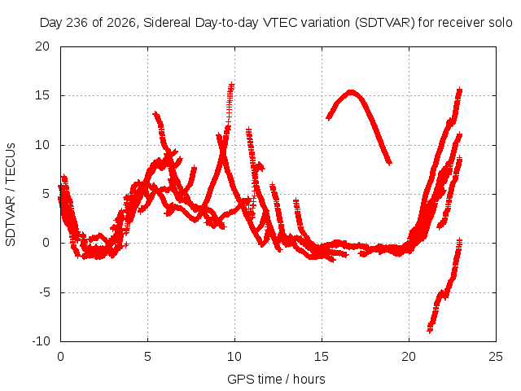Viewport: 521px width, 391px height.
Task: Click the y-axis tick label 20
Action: click(42, 46)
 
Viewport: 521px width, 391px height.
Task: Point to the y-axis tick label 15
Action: click(42, 95)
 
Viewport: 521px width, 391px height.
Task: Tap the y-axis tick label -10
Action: click(42, 341)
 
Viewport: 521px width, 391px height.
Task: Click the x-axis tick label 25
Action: click(496, 357)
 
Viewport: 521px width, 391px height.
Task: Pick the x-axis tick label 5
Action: click(147, 357)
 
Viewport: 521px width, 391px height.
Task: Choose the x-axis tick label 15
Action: click(322, 357)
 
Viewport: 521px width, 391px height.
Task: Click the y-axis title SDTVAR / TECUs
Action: click(11, 195)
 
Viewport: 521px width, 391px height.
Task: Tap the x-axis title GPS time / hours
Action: click(276, 379)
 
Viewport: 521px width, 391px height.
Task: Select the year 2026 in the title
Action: click(121, 23)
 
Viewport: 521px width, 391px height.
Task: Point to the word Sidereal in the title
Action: click(167, 23)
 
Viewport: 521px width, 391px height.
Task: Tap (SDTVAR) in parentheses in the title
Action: click(385, 23)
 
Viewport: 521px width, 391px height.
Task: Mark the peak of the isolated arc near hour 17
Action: click(351, 92)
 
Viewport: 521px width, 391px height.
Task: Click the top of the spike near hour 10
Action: click(231, 85)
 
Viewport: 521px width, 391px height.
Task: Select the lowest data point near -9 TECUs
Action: click(430, 330)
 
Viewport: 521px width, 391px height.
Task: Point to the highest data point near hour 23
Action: click(459, 90)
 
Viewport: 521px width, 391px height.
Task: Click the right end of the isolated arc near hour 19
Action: click(390, 163)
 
